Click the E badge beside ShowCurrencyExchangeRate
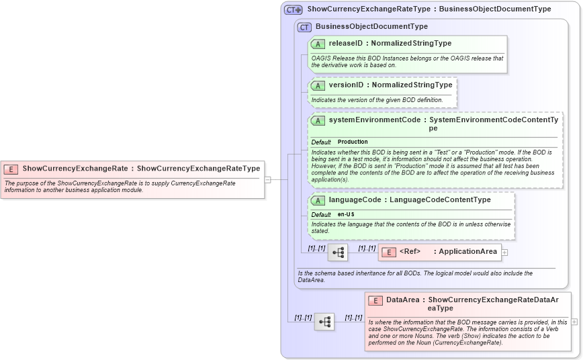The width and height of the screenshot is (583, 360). click(x=11, y=169)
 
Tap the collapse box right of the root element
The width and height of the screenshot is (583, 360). click(x=267, y=179)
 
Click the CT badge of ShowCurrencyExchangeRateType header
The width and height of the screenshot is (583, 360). click(x=294, y=10)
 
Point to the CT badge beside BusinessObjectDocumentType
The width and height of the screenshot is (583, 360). click(x=305, y=28)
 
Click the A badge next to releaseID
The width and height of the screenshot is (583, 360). click(x=318, y=44)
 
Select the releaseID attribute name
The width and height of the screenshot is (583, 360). click(x=346, y=44)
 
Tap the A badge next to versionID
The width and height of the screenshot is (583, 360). click(x=318, y=86)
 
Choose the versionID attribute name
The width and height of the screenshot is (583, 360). click(x=347, y=85)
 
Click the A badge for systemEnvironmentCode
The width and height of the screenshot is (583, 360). click(x=318, y=120)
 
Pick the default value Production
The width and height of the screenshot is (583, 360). click(x=353, y=142)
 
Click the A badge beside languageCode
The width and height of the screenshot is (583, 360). click(x=318, y=200)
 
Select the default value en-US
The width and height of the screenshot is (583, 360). click(x=346, y=215)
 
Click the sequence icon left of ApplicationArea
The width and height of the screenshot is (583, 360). click(x=338, y=253)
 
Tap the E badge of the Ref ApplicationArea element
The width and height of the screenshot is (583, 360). click(x=388, y=252)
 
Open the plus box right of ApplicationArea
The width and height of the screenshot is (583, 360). click(x=505, y=253)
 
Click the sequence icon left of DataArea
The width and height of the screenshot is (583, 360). click(x=324, y=322)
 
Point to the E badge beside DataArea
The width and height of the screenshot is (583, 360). click(x=375, y=301)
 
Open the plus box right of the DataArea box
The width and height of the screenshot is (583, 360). click(x=574, y=322)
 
